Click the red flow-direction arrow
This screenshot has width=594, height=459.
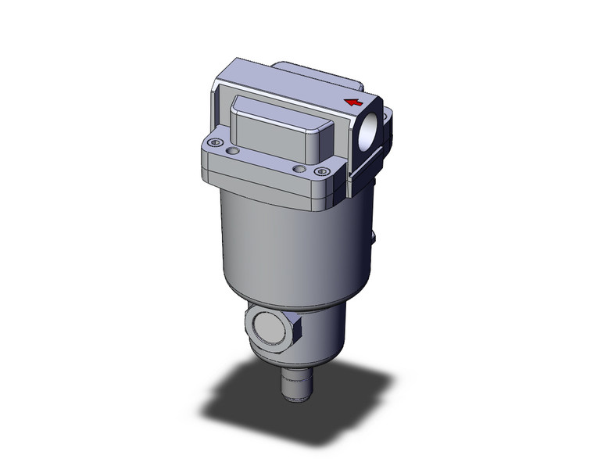pos(354,102)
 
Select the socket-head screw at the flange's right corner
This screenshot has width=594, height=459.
pos(318,171)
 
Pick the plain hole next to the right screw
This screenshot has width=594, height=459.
pos(297,167)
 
